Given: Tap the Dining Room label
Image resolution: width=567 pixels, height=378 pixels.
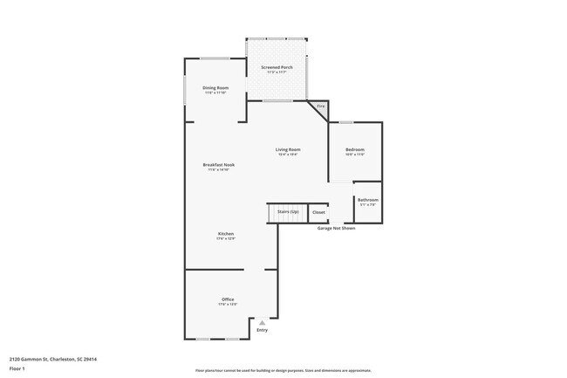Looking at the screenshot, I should pyautogui.click(x=215, y=88).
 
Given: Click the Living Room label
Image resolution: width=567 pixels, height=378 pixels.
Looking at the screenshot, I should pyautogui.click(x=288, y=149).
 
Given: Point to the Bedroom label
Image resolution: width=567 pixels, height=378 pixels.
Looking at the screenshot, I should pyautogui.click(x=354, y=149).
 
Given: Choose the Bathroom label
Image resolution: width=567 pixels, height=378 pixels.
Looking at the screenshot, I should pyautogui.click(x=367, y=200).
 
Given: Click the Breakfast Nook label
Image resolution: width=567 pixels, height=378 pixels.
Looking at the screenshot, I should pyautogui.click(x=218, y=164).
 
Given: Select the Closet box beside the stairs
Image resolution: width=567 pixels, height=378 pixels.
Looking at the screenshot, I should pyautogui.click(x=318, y=212).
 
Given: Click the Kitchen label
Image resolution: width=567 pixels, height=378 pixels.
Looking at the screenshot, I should pyautogui.click(x=226, y=234).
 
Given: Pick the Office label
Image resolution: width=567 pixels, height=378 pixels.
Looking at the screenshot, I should pyautogui.click(x=227, y=299).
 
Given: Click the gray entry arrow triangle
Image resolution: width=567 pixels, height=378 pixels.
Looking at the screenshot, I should pyautogui.click(x=261, y=322).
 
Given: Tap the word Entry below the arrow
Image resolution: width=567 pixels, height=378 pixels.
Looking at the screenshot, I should pyautogui.click(x=262, y=330).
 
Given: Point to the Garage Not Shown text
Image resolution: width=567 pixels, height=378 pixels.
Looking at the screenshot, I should pyautogui.click(x=336, y=228).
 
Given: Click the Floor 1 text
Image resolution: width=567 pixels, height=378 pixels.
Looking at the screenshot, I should pyautogui.click(x=17, y=368).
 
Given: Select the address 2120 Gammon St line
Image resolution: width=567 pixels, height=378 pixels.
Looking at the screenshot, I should pyautogui.click(x=52, y=358).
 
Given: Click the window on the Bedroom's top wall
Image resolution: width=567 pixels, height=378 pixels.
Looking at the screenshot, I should pyautogui.click(x=346, y=121).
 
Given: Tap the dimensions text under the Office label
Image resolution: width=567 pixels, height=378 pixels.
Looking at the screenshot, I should pyautogui.click(x=227, y=305).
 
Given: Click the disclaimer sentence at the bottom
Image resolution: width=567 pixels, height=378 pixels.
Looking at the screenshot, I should pyautogui.click(x=283, y=369).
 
